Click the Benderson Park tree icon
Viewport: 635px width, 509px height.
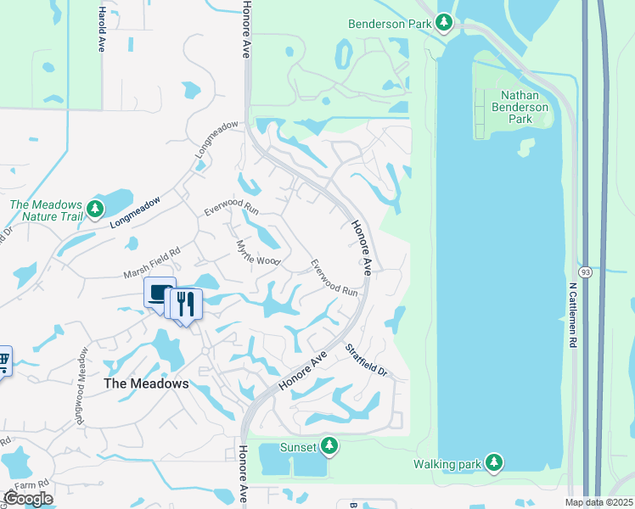pyautogui.click(x=443, y=22)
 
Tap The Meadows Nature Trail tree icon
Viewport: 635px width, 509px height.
pyautogui.click(x=96, y=209)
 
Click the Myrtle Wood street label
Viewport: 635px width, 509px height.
pyautogui.click(x=257, y=252)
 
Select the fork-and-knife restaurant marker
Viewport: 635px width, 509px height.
pyautogui.click(x=187, y=303)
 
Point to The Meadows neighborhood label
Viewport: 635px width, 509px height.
pyautogui.click(x=145, y=383)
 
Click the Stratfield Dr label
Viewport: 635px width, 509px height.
pyautogui.click(x=366, y=360)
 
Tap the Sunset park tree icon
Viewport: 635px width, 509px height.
pyautogui.click(x=329, y=445)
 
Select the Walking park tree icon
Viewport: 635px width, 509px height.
pyautogui.click(x=493, y=463)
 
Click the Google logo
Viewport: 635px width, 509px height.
pyautogui.click(x=28, y=499)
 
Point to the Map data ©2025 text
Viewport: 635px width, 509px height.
pyautogui.click(x=598, y=502)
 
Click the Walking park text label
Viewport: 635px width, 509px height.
pyautogui.click(x=447, y=464)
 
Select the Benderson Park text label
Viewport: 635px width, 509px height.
pyautogui.click(x=390, y=24)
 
